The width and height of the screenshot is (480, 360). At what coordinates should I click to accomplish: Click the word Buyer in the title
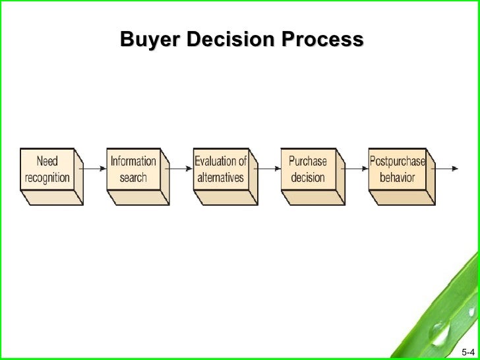pyautogui.click(x=150, y=40)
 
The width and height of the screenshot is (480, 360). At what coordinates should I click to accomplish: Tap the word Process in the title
pyautogui.click(x=322, y=40)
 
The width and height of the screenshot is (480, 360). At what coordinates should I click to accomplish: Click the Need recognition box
pyautogui.click(x=47, y=169)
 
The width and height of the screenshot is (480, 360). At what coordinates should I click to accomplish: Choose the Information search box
pyautogui.click(x=133, y=169)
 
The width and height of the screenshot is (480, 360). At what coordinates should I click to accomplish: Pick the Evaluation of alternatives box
pyautogui.click(x=220, y=169)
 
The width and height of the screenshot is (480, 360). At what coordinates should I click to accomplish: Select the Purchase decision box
pyautogui.click(x=307, y=169)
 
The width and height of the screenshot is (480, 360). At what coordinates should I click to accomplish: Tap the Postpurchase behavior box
pyautogui.click(x=397, y=169)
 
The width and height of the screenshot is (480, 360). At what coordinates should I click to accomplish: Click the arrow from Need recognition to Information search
pyautogui.click(x=94, y=169)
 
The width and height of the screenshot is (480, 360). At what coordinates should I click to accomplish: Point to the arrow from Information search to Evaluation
pyautogui.click(x=179, y=169)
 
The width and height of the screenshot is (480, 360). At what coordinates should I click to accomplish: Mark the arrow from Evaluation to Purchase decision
pyautogui.click(x=267, y=169)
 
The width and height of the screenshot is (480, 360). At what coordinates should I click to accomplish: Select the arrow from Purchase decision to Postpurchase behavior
pyautogui.click(x=355, y=169)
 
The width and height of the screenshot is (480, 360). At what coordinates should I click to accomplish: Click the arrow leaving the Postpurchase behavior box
pyautogui.click(x=445, y=169)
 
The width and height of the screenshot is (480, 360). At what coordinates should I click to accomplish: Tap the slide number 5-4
pyautogui.click(x=467, y=351)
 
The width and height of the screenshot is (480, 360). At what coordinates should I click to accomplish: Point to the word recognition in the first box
pyautogui.click(x=47, y=178)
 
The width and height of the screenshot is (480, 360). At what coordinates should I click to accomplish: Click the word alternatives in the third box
pyautogui.click(x=220, y=178)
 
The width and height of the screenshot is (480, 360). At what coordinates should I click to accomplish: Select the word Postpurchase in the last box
pyautogui.click(x=397, y=161)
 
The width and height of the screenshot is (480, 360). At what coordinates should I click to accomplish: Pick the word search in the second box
pyautogui.click(x=133, y=178)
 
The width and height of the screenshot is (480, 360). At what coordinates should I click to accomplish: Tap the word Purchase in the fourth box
pyautogui.click(x=307, y=161)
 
